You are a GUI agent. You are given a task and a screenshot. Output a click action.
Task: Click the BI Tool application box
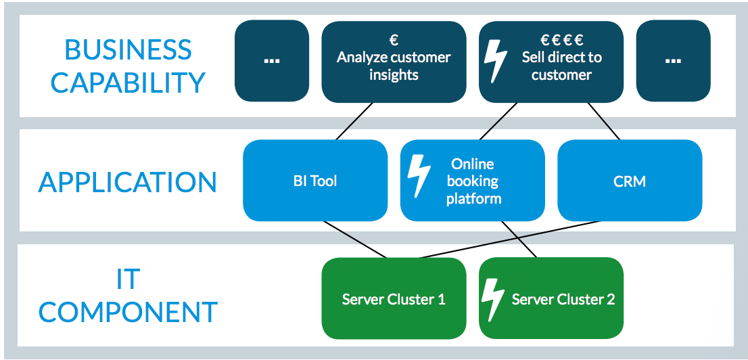315,181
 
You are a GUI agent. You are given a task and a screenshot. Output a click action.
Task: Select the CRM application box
630,181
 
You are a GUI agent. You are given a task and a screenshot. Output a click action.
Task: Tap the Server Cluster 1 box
394,299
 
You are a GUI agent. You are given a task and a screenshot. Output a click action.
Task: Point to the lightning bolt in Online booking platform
419,178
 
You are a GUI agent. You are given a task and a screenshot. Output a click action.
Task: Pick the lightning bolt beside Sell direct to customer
496,62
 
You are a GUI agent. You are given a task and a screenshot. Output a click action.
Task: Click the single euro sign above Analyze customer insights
394,40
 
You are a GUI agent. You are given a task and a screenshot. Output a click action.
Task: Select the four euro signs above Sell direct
561,40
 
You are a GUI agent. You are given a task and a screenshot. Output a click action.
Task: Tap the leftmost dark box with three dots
272,61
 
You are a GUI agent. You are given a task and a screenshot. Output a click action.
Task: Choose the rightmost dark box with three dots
673,61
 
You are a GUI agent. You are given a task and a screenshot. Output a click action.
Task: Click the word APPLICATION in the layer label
128,183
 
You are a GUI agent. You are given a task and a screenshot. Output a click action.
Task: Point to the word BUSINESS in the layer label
128,50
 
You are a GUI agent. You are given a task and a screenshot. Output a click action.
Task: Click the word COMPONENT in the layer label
128,312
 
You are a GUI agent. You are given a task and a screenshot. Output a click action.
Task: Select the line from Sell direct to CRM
603,121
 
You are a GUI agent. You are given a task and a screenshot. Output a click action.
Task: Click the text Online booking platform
473,181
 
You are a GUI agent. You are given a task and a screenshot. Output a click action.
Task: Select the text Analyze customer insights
394,66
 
